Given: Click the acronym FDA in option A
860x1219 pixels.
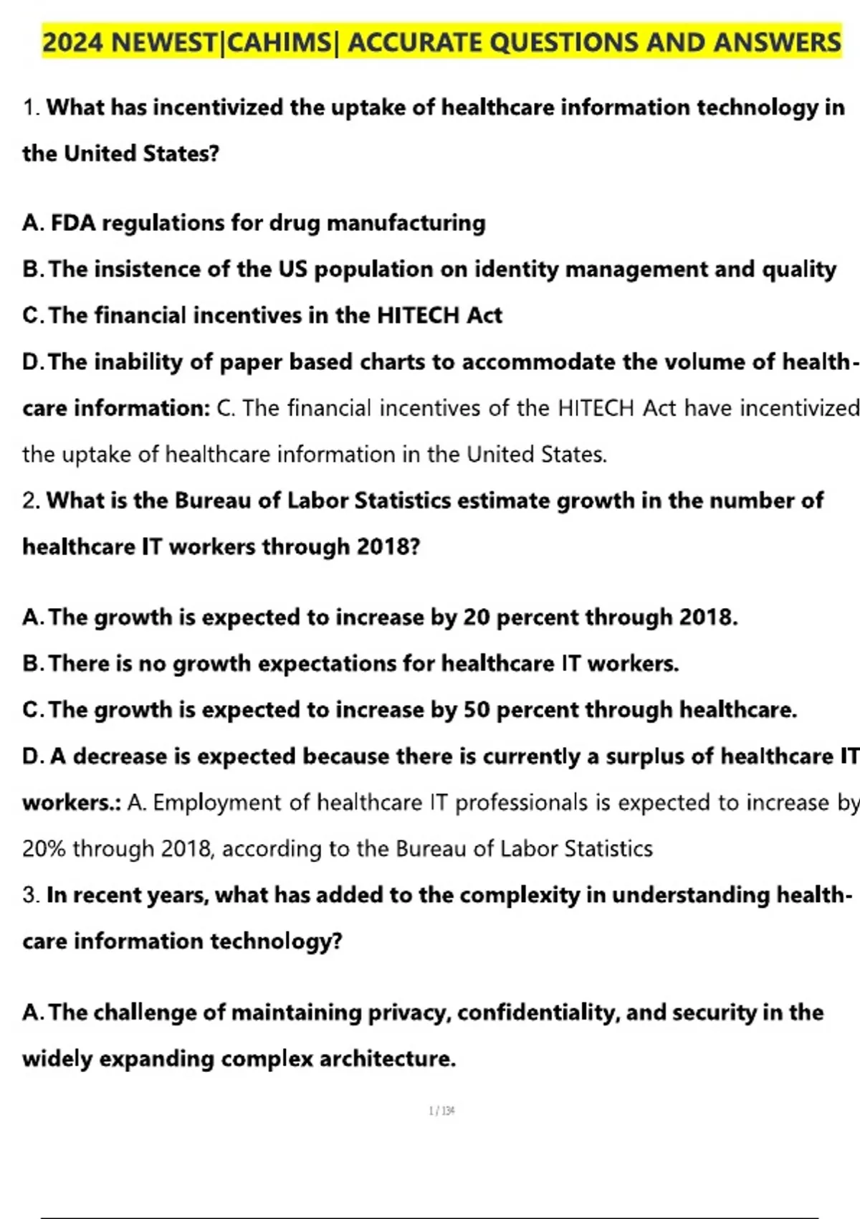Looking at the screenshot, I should [73, 223].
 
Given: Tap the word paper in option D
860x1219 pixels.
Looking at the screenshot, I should [251, 363].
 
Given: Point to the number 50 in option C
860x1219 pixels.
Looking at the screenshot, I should [477, 710].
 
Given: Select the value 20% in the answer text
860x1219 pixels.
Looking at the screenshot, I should [44, 849].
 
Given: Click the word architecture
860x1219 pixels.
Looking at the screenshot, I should [387, 1059].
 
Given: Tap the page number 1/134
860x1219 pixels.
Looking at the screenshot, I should [441, 1111].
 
